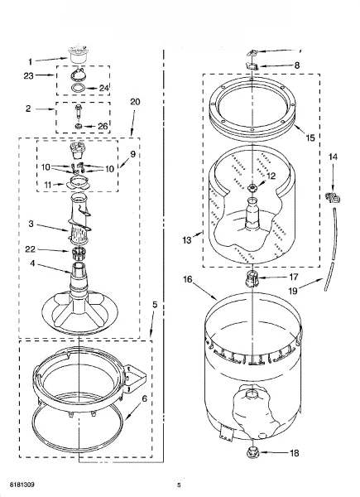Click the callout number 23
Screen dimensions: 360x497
tap(28, 75)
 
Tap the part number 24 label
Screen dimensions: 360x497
tap(104, 88)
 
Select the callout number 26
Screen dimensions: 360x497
tap(103, 126)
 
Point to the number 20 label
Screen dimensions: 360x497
tap(135, 102)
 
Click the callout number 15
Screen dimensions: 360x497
tap(310, 138)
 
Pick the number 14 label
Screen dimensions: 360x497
tap(333, 157)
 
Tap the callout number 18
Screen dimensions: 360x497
tap(295, 453)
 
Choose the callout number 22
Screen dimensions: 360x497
tap(31, 249)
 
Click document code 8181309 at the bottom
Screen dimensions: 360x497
tap(22, 485)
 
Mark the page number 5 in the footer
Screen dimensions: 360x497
tap(179, 485)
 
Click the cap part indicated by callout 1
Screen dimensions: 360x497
tap(77, 55)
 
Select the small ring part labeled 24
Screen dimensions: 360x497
tap(78, 88)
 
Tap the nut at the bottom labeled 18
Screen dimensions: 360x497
tap(252, 451)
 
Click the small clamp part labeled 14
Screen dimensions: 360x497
tap(333, 198)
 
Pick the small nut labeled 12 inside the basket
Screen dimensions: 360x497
tap(252, 188)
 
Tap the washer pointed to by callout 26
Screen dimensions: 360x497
tap(78, 126)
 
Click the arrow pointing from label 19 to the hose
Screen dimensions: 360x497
tap(311, 283)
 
